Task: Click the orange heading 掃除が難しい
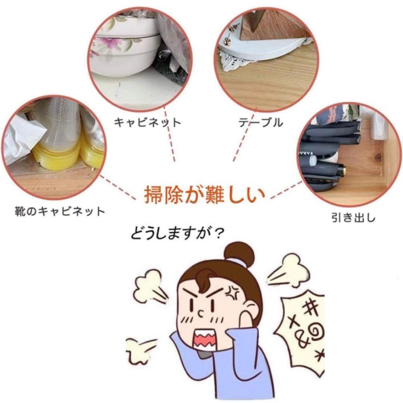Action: (204, 195)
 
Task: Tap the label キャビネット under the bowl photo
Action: (147, 122)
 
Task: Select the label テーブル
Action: (260, 122)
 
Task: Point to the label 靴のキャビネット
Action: (60, 212)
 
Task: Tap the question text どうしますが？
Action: (177, 234)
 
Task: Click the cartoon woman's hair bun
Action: (239, 253)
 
